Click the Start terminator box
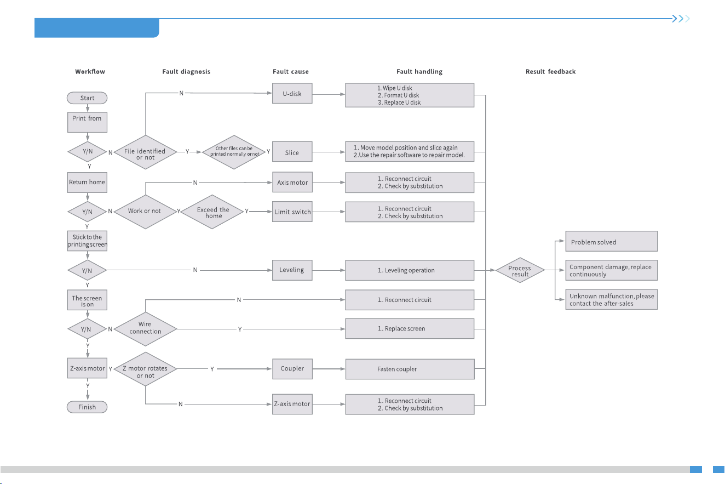click(x=87, y=98)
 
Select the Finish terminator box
click(x=87, y=407)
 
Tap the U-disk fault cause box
click(x=292, y=93)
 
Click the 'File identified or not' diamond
click(x=145, y=152)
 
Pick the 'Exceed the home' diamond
click(x=212, y=212)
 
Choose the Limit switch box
click(x=292, y=212)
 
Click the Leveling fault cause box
click(x=292, y=270)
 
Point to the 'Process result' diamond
click(x=520, y=270)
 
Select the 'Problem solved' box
click(x=612, y=241)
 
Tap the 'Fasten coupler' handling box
click(x=410, y=369)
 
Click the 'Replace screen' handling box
click(x=410, y=328)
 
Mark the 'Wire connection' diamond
click(x=145, y=329)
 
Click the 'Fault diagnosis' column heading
click(x=186, y=72)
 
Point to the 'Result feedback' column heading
click(x=550, y=72)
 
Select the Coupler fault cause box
click(x=292, y=369)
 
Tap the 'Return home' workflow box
click(x=87, y=183)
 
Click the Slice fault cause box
click(x=292, y=152)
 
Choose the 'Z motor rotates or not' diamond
click(x=145, y=369)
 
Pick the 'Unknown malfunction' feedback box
click(x=612, y=299)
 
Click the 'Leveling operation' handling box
click(x=410, y=270)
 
